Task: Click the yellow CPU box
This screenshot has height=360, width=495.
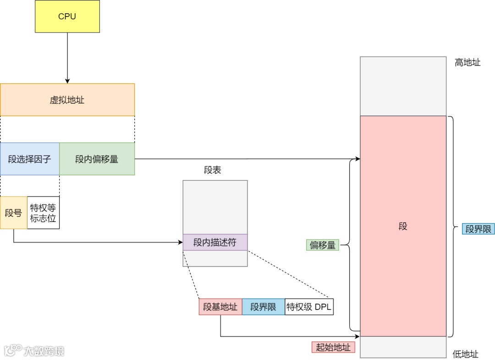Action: (67, 17)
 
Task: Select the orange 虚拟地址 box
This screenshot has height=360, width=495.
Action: (67, 100)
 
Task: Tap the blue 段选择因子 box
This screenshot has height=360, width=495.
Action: (30, 159)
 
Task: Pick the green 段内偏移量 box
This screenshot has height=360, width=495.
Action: (97, 159)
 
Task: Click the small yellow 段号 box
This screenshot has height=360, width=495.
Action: (13, 213)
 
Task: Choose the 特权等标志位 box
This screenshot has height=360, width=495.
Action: (43, 213)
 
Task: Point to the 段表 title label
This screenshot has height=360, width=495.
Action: (213, 170)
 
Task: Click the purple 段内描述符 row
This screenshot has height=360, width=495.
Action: (215, 242)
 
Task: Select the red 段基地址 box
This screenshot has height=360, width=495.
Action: (220, 307)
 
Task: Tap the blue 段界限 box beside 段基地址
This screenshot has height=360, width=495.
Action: (263, 307)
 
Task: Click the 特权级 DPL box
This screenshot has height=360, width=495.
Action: (309, 307)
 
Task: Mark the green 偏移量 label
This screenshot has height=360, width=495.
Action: (323, 245)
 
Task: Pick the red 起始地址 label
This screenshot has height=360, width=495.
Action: (333, 347)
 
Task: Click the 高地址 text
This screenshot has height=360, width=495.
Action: (467, 63)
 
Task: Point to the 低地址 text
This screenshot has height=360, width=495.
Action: (466, 354)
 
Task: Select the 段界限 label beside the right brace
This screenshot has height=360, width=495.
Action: (478, 229)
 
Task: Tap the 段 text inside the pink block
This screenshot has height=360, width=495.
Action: (403, 226)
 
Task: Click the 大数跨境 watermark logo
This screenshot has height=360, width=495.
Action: (34, 351)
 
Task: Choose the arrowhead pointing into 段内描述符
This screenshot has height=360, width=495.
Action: (180, 242)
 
